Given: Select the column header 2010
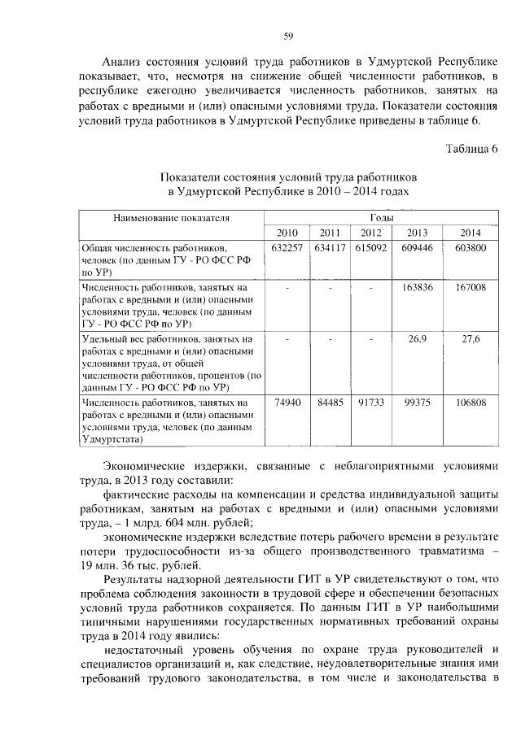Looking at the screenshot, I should (287, 233).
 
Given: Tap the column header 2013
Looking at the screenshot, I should (417, 233).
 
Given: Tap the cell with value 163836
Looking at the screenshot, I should (417, 288).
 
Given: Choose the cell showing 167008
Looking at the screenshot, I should (468, 288).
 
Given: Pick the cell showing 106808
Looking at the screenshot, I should (468, 403).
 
